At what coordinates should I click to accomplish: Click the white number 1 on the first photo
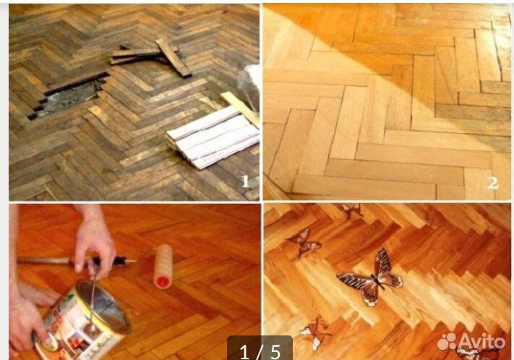245,181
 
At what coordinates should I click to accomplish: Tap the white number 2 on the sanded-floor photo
492,183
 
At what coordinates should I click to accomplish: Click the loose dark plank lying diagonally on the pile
174,57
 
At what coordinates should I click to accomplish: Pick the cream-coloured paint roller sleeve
163,266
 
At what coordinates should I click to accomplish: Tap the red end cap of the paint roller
163,282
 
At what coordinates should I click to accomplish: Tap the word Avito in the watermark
481,342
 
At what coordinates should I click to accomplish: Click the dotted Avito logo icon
447,341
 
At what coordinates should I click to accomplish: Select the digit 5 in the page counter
275,352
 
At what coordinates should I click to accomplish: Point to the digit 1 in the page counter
244,352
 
